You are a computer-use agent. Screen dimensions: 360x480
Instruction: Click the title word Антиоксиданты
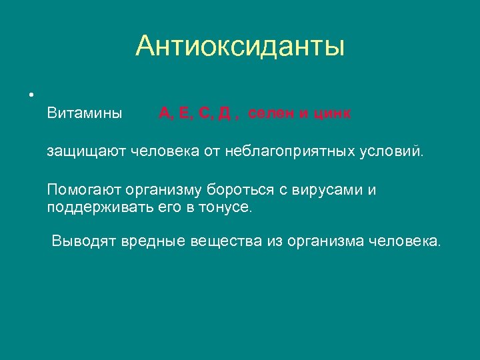240,47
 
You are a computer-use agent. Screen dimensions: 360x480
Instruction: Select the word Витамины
85,113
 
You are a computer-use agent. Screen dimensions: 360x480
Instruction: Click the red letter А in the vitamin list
164,113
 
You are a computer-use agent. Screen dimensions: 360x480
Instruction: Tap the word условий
393,152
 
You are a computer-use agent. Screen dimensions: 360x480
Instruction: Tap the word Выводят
84,241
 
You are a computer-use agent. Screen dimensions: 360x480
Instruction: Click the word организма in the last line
321,241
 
